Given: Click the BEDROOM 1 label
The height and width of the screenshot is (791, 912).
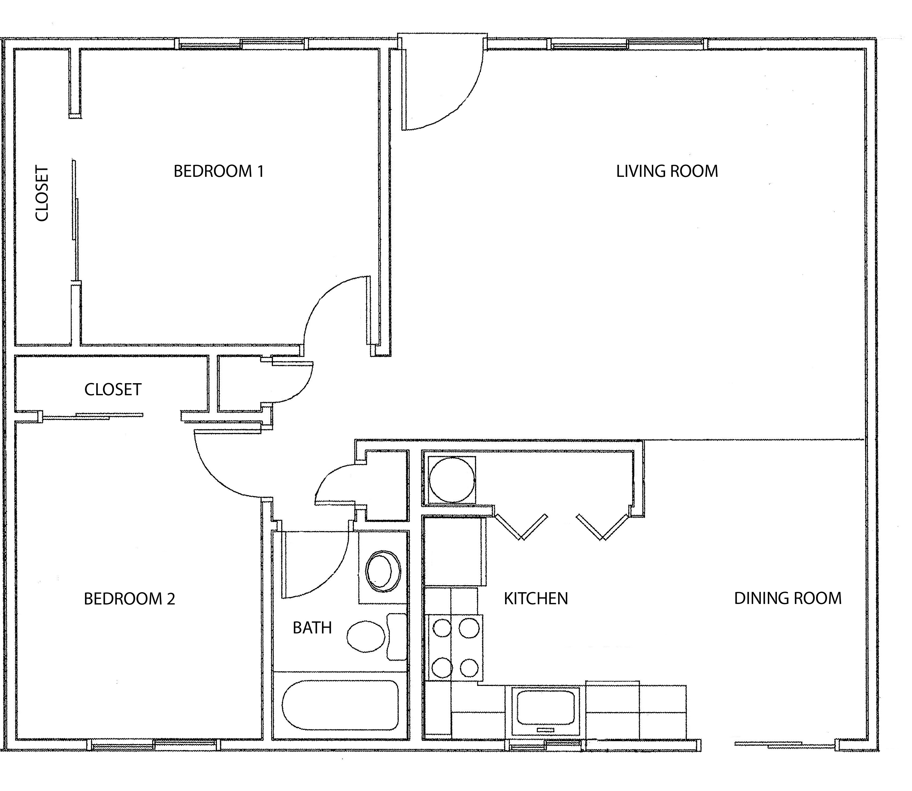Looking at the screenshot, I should (x=218, y=171).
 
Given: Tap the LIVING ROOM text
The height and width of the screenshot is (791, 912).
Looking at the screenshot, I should (x=667, y=171).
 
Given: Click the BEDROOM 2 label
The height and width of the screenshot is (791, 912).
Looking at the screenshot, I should (x=129, y=599).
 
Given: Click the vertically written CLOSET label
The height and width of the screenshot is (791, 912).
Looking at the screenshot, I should (x=42, y=193).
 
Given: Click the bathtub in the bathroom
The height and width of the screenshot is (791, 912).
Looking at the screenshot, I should (x=340, y=705).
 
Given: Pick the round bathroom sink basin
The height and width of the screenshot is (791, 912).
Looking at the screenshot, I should (x=383, y=571).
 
